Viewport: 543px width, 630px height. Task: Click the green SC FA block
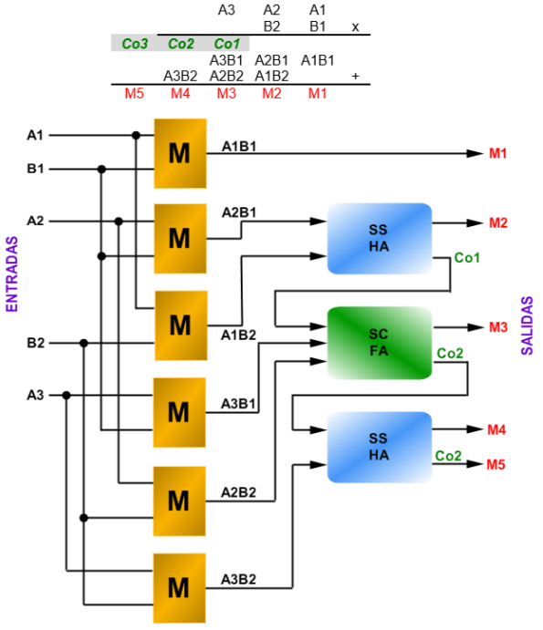click(380, 343)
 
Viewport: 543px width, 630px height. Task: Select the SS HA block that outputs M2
click(380, 239)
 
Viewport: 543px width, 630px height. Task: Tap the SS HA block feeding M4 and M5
click(380, 447)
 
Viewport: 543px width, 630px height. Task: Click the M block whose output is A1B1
click(180, 153)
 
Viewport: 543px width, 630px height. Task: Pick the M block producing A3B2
click(180, 588)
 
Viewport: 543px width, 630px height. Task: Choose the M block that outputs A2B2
click(180, 501)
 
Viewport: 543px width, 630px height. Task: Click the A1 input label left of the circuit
click(35, 136)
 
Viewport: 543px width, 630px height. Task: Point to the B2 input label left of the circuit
click(36, 343)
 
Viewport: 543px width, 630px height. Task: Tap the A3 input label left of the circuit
click(35, 396)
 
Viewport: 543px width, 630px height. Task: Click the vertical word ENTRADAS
click(12, 274)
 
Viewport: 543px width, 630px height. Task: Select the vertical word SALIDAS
click(527, 325)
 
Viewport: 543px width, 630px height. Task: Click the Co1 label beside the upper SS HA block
click(467, 257)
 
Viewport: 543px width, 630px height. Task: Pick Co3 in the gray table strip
click(135, 44)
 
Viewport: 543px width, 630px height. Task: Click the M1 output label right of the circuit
click(498, 153)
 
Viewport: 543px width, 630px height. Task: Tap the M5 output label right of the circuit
click(496, 464)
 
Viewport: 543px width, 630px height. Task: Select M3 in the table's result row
click(226, 94)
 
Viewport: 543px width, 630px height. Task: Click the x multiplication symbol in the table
click(355, 27)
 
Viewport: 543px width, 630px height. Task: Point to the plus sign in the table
click(355, 76)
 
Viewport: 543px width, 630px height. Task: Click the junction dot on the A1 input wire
click(136, 136)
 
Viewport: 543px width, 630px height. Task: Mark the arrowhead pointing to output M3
click(475, 327)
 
